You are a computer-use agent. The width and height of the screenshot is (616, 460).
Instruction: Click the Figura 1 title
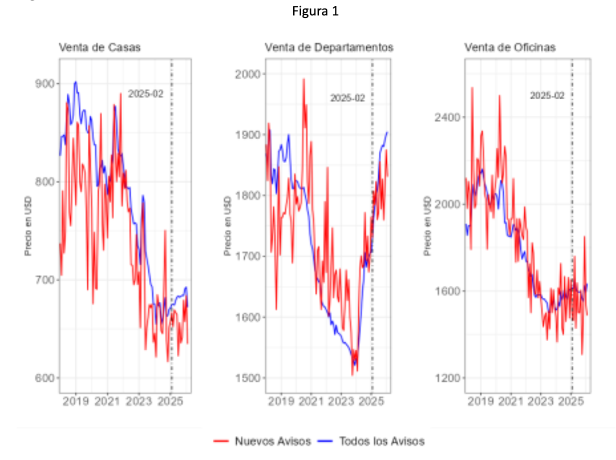coord(315,11)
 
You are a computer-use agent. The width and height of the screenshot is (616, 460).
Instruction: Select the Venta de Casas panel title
coord(100,47)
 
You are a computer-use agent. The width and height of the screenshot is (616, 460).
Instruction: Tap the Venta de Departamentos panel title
coord(329,47)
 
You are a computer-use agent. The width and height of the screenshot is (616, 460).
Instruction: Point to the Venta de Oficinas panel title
coord(510,47)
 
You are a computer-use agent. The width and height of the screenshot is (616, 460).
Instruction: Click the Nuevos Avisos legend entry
coord(262,441)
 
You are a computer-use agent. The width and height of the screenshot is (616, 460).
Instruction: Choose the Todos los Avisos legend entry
coord(371,441)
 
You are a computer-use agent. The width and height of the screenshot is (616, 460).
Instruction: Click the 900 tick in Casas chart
coord(44,84)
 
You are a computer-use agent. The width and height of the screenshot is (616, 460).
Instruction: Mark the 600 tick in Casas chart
coord(44,378)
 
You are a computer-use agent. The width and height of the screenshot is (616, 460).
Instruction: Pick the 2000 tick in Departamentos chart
coord(248,74)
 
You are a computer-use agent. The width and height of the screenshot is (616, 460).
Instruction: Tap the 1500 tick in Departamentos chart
coord(248,378)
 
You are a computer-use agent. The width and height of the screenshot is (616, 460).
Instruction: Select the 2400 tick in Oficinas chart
coord(448,117)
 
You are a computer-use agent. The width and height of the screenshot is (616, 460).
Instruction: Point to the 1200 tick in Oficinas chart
coord(448,378)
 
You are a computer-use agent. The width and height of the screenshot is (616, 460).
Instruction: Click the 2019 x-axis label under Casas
coord(75,401)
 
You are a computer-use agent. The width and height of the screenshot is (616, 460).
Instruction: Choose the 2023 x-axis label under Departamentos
coord(341,401)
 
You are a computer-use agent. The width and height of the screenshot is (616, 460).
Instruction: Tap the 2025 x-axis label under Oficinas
coord(571,401)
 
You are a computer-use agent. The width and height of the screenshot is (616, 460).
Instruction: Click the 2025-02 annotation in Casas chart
coord(146,94)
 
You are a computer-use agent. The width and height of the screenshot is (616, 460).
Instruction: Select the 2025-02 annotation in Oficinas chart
coord(547,96)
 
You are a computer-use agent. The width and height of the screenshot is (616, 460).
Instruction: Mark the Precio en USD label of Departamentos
coord(227,226)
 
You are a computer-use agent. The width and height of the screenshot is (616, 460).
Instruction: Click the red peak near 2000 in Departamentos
coord(304,79)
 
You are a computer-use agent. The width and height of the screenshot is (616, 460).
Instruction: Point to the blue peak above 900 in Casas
coord(75,82)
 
